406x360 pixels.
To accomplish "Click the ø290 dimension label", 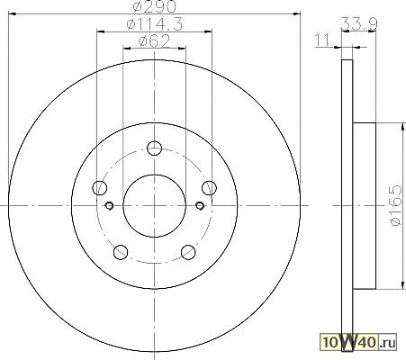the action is coord(154,6).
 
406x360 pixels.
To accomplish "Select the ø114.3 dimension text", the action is coord(155,24).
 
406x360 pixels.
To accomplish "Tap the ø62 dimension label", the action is coord(154,41).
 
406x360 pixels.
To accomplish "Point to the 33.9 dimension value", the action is coord(359,23).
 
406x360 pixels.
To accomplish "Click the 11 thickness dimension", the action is coord(321,40).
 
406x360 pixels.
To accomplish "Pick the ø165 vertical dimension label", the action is coord(395,205).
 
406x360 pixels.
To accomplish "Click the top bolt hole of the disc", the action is coord(155,148).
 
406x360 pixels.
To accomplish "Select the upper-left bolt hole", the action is coord(100,188).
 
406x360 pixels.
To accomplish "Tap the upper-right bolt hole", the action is coord(209,188).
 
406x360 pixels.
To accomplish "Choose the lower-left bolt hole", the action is coord(121,252).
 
